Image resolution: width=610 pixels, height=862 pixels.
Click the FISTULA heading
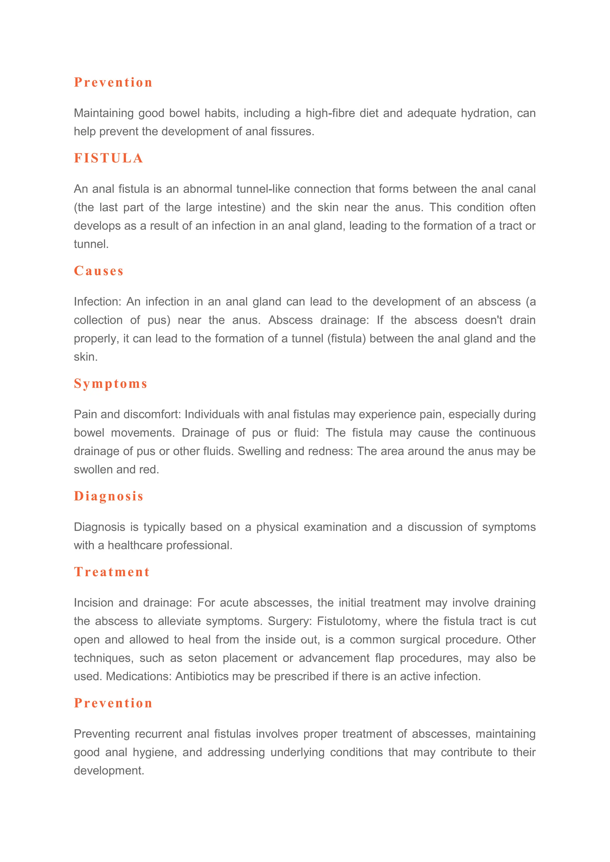(108, 158)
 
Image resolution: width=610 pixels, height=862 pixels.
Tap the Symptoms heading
(111, 384)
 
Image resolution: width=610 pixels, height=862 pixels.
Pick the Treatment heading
(112, 572)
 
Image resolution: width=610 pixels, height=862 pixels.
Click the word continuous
(507, 432)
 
